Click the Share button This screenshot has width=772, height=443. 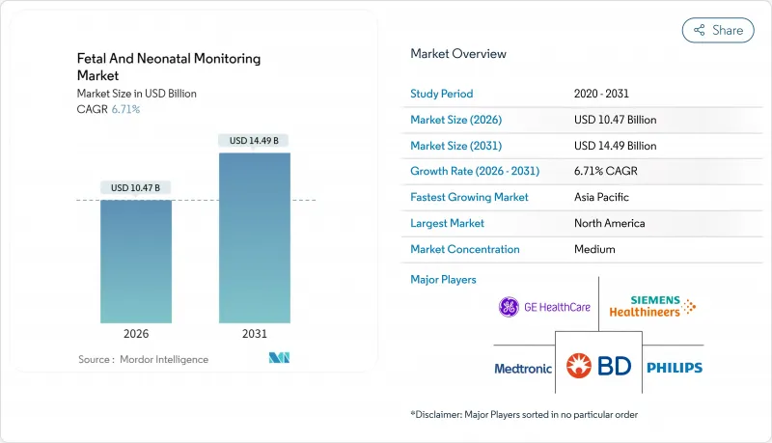(x=718, y=30)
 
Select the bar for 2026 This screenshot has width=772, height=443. (x=136, y=261)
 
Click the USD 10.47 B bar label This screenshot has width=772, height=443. (x=136, y=187)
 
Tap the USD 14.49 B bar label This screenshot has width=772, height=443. (x=254, y=141)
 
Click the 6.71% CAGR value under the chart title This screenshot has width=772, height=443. (x=124, y=109)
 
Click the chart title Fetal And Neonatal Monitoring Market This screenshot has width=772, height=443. (x=168, y=67)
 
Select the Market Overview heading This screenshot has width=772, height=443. (x=458, y=54)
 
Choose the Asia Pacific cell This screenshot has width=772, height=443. (x=602, y=197)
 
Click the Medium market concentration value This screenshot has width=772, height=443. (x=594, y=249)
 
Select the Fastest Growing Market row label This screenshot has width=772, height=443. (x=469, y=197)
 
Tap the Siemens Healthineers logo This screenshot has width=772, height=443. (x=653, y=308)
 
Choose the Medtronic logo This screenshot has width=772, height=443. (x=522, y=368)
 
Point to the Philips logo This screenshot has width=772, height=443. (x=675, y=368)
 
